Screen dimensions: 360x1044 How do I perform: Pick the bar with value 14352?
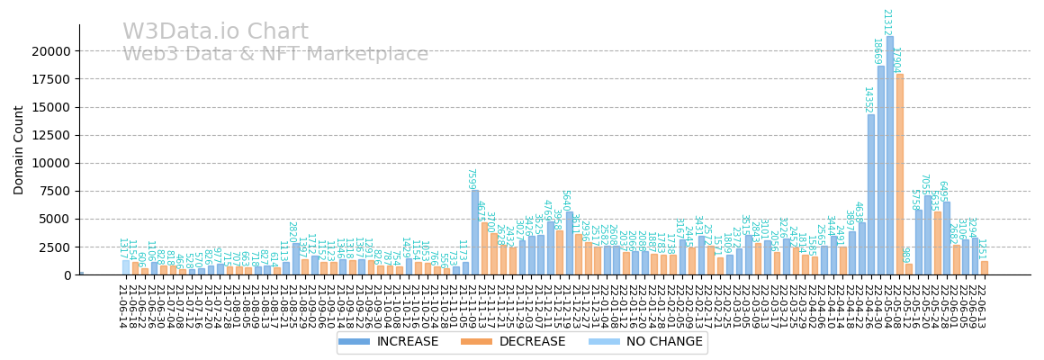tap(871, 193)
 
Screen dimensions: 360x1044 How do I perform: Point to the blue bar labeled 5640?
tap(569, 243)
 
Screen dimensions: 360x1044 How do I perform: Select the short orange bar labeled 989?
tap(909, 269)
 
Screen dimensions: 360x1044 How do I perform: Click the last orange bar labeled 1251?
tap(985, 268)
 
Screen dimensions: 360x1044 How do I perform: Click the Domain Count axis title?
tap(19, 149)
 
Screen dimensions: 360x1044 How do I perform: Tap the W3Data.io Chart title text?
tap(215, 32)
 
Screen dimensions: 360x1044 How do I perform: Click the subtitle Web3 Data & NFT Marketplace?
tap(275, 54)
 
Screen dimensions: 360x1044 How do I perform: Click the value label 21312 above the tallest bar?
tap(886, 22)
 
